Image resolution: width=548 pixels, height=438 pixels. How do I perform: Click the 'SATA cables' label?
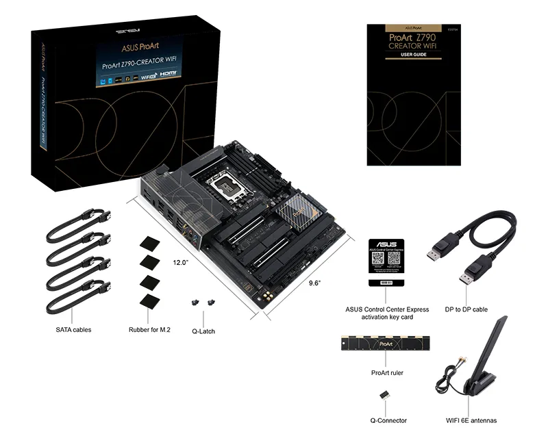73,329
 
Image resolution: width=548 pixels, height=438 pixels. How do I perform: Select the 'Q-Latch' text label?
203,331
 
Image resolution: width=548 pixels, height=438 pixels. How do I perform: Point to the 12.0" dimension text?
180,262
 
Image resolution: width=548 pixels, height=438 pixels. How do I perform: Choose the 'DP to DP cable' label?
466,309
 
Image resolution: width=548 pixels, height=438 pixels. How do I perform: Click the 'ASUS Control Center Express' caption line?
387,309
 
